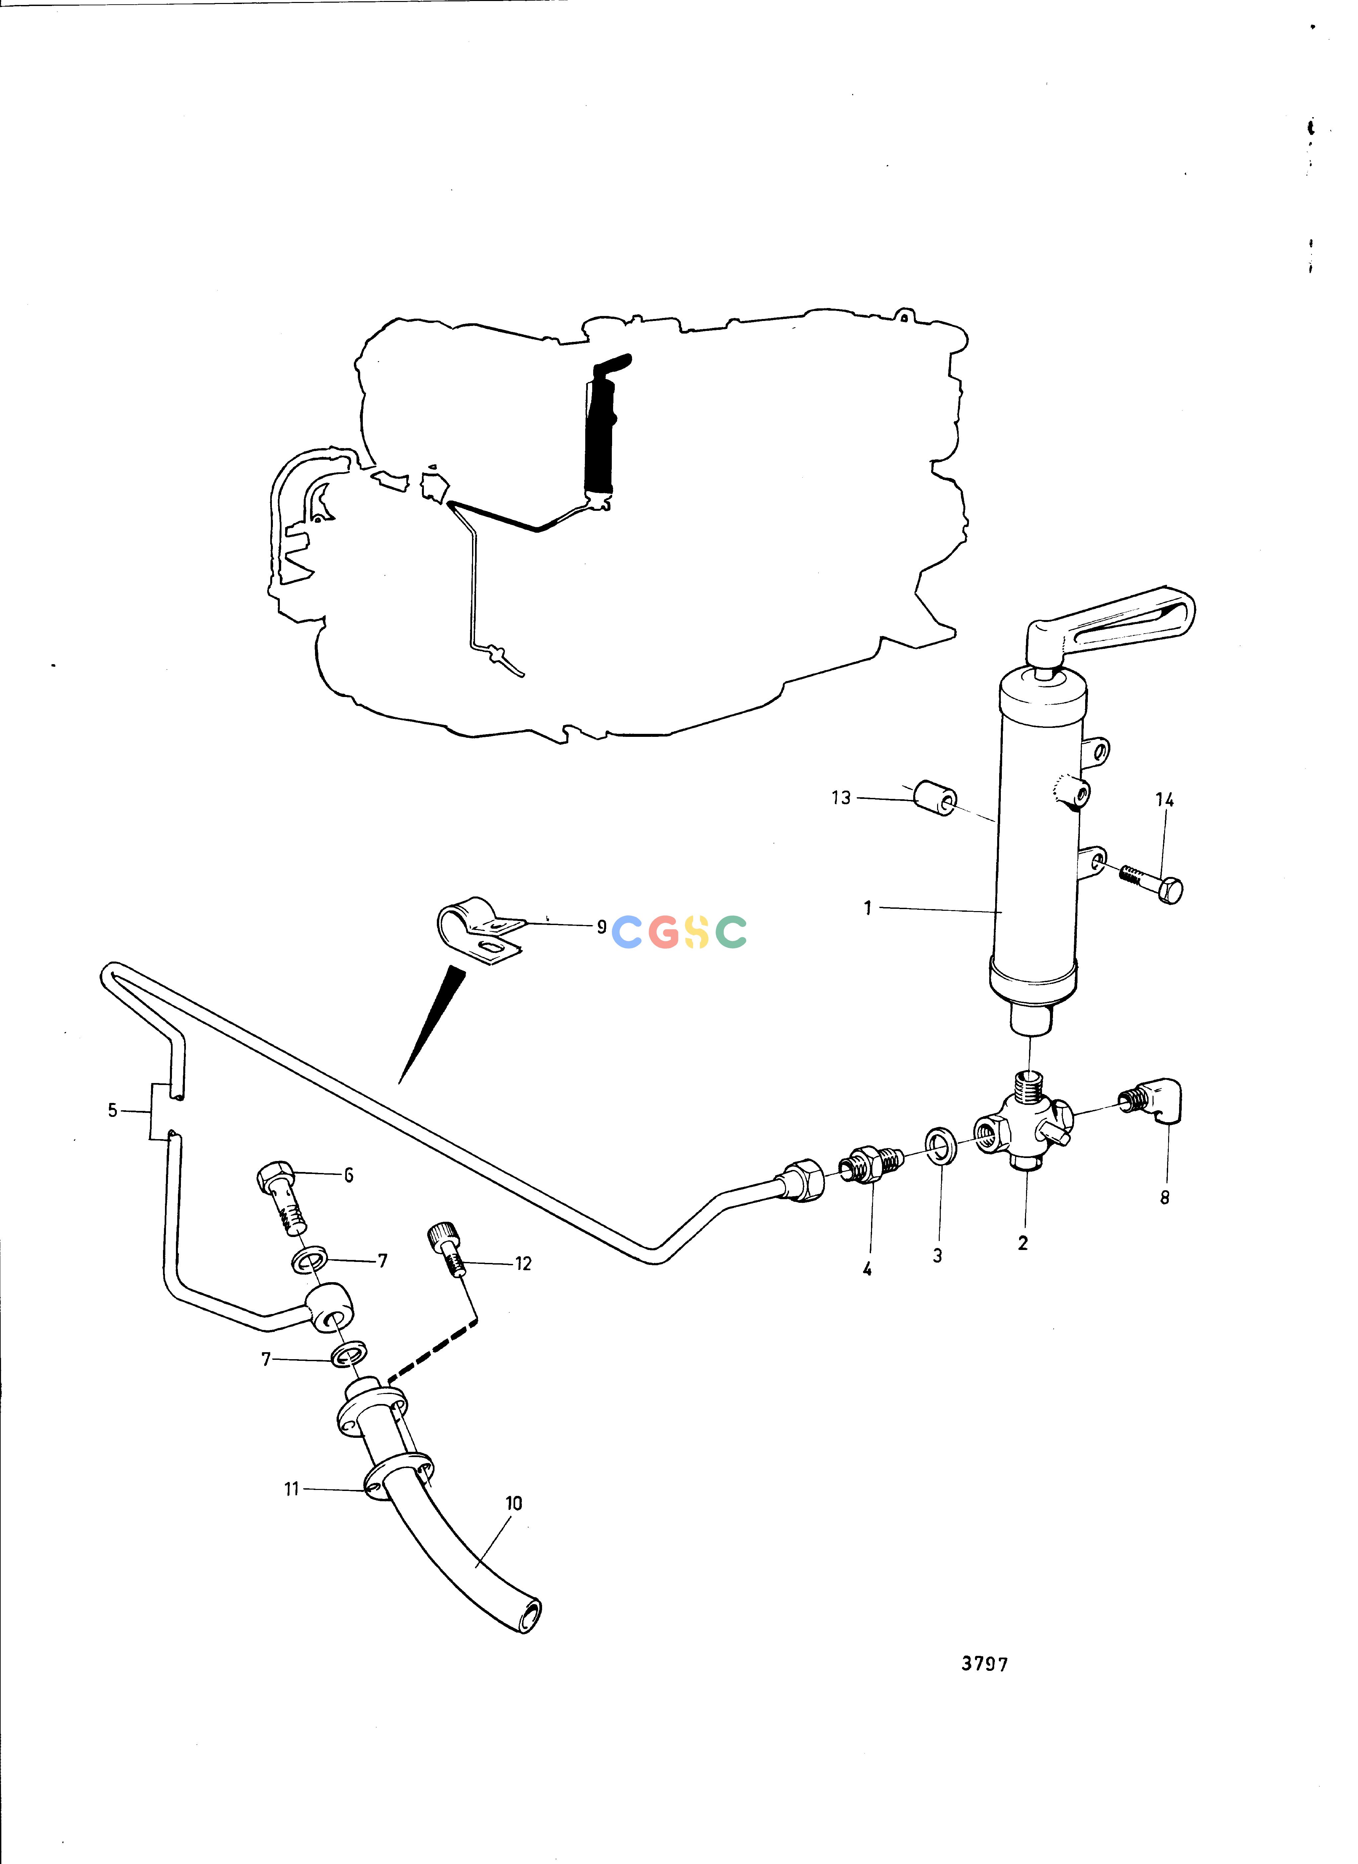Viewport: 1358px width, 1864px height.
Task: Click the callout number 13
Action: (x=841, y=798)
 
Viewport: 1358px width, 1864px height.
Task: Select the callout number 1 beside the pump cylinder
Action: (x=867, y=908)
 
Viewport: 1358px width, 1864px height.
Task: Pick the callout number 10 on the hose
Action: (x=514, y=1503)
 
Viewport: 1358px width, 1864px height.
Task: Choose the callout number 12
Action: (x=523, y=1264)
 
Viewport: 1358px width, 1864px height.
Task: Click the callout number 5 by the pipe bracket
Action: (x=113, y=1110)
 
